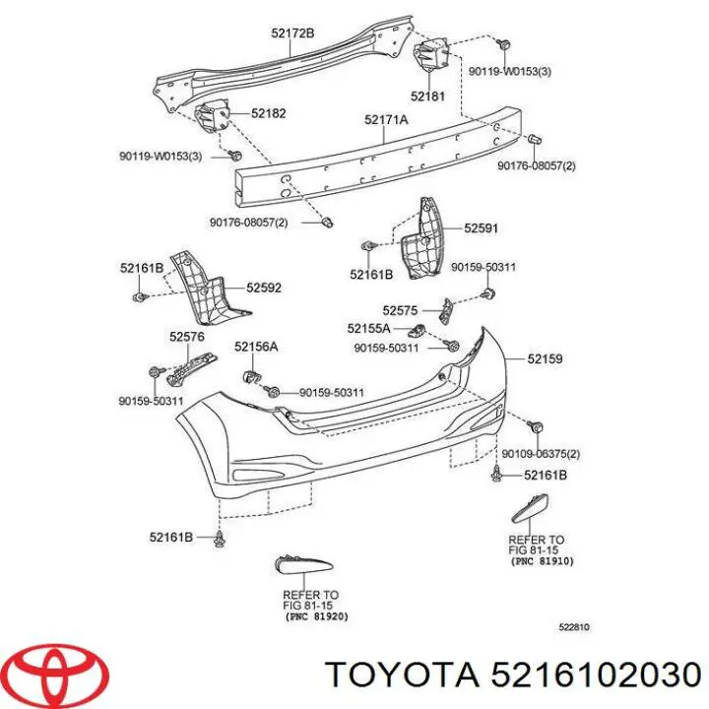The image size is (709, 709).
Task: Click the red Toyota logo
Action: click(59, 674)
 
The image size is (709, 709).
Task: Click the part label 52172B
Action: click(292, 33)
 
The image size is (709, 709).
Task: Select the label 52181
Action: click(427, 96)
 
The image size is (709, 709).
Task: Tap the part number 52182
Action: click(269, 113)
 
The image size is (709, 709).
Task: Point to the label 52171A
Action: click(386, 119)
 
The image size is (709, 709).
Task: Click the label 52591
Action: click(482, 228)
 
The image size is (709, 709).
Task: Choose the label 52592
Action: click(264, 288)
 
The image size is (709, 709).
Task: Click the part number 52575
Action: click(400, 310)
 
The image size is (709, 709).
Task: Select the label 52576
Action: click(187, 337)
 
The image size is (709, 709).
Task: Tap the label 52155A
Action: click(368, 328)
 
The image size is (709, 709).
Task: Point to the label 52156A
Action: click(256, 347)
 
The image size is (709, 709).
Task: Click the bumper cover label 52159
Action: click(545, 359)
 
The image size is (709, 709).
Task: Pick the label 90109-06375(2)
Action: click(541, 454)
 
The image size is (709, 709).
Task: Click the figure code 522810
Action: click(574, 627)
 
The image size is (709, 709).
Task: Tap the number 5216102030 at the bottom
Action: click(596, 676)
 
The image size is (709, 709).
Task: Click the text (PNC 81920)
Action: click(317, 616)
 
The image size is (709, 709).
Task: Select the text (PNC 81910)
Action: click(543, 561)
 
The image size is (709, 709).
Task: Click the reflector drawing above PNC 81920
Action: click(303, 564)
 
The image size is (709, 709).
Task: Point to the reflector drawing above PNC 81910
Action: click(530, 508)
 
